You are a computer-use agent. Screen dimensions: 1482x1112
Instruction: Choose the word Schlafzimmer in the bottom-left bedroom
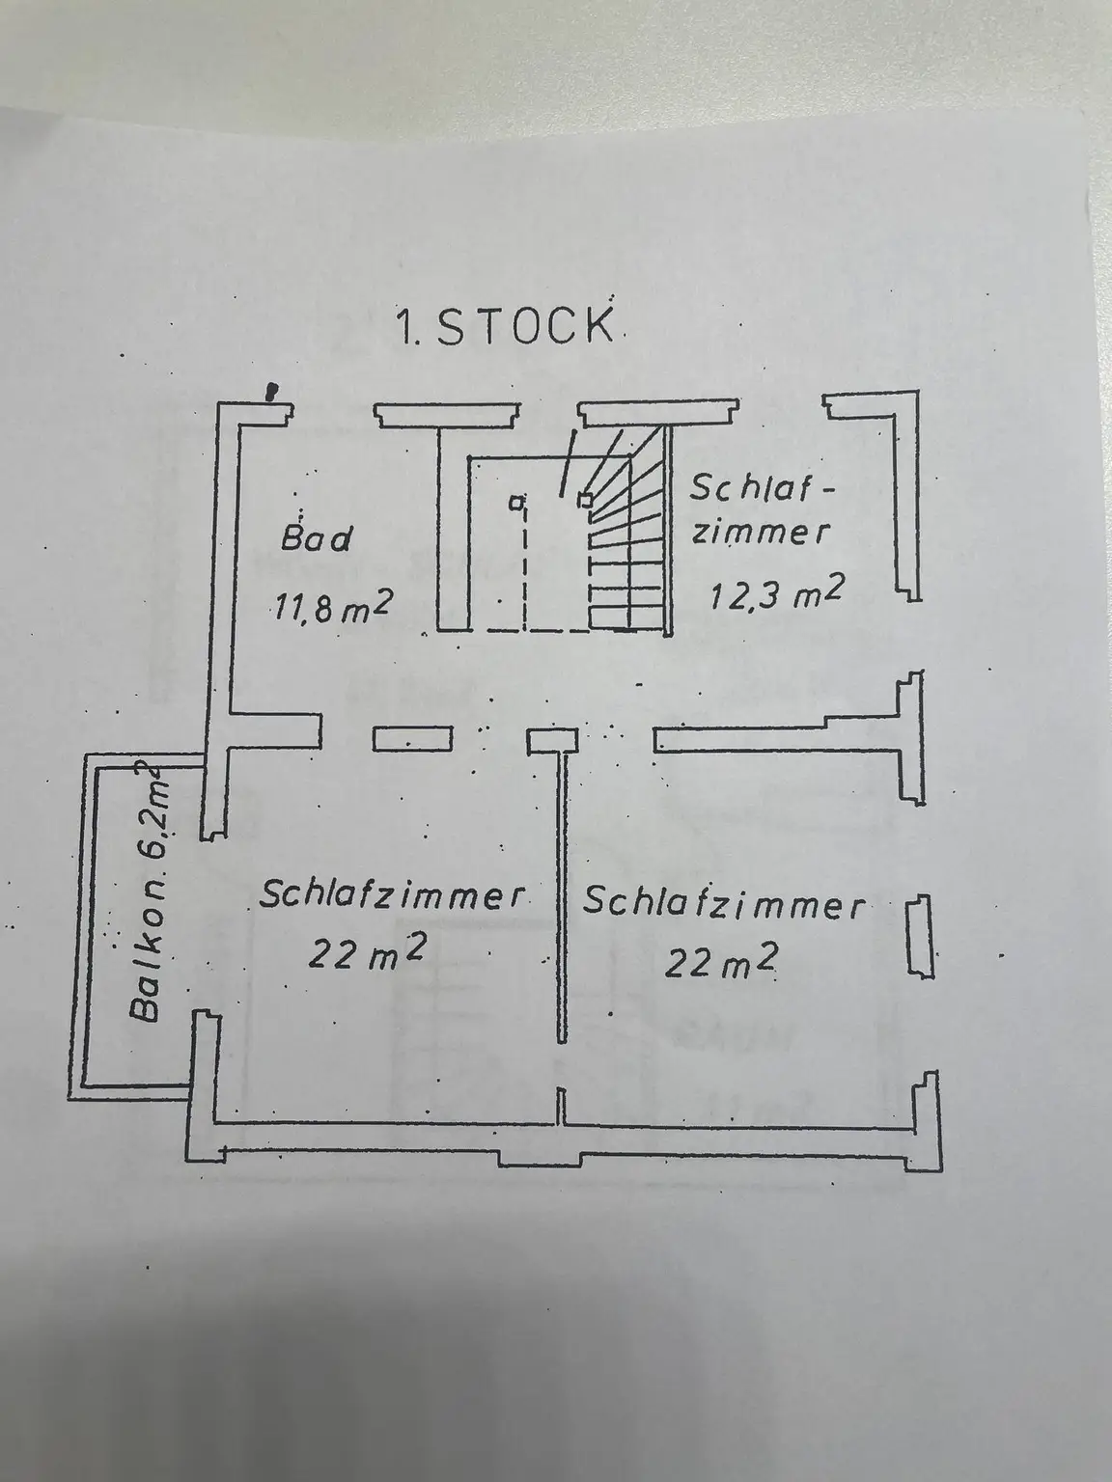(x=392, y=896)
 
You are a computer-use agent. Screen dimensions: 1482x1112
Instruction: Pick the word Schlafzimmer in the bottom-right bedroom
(x=723, y=905)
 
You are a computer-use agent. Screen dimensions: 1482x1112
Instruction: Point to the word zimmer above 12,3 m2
(x=760, y=533)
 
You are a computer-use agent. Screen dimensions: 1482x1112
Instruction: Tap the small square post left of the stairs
(x=518, y=501)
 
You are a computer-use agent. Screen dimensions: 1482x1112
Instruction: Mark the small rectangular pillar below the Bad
(x=399, y=739)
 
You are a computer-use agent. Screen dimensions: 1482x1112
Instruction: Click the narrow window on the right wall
(x=921, y=936)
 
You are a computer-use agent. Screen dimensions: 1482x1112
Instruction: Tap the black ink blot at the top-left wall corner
(x=273, y=391)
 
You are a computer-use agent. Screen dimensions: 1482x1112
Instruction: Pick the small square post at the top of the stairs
(x=584, y=499)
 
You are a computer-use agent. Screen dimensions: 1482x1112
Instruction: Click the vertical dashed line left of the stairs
(x=525, y=569)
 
